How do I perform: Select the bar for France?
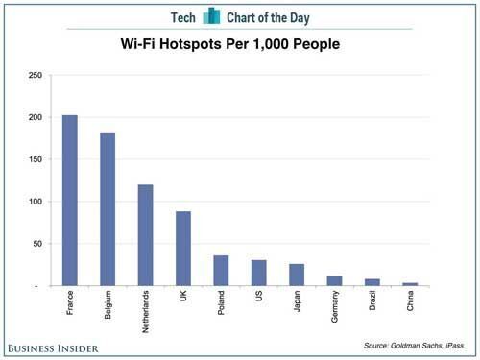coord(70,201)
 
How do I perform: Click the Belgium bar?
coord(108,209)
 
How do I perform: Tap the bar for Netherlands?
coord(145,235)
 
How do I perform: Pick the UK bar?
coord(183,249)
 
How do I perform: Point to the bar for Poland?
coord(221,271)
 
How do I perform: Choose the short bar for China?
coord(410,284)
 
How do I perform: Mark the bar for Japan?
coord(297,275)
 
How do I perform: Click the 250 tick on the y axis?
coord(36,75)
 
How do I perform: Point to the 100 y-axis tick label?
coord(36,202)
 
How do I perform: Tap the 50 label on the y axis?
coord(37,244)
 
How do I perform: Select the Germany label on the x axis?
coord(334,306)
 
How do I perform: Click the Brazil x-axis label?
coord(372,300)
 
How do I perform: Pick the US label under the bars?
coord(259,296)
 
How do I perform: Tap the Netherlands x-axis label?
coord(145,312)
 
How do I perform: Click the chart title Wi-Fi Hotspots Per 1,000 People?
coord(230,44)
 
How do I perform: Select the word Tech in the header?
coord(182,17)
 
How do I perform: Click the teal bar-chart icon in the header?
coord(211,15)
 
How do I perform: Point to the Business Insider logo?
coord(53,348)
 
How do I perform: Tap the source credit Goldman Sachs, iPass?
coord(414,346)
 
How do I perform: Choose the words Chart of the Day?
coord(268,18)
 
